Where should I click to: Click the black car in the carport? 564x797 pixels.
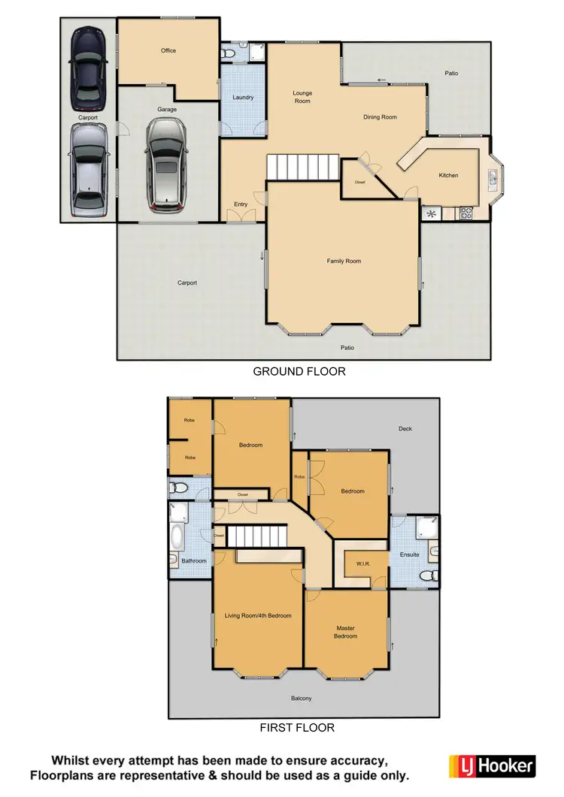point(88,68)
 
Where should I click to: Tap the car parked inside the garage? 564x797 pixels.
point(166,165)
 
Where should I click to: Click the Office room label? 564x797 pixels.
point(168,50)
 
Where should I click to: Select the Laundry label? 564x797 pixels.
point(243,98)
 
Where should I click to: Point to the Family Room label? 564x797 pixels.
point(344,261)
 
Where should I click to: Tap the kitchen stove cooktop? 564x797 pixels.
point(465,213)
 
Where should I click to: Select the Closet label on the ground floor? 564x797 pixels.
point(359,183)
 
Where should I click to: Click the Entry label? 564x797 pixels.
point(241,204)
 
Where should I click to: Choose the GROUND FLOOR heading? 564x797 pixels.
point(299,371)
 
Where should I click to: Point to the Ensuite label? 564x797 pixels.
point(410,555)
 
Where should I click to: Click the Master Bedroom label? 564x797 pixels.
point(346,632)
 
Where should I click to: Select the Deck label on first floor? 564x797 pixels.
point(405,429)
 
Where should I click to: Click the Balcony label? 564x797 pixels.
point(302,699)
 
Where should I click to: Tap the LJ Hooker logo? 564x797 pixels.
point(492,766)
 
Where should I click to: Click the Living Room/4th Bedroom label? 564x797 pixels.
point(258,616)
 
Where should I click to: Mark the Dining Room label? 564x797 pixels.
point(380,117)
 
